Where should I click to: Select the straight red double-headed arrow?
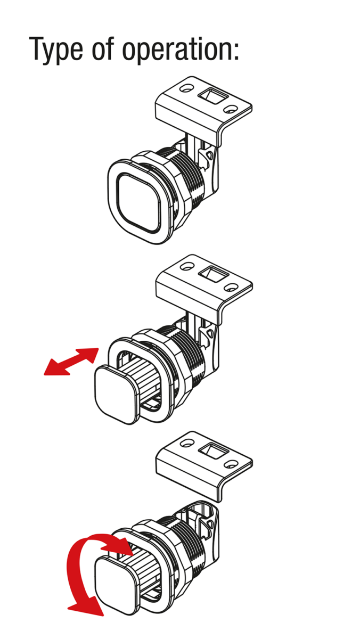[x=71, y=361]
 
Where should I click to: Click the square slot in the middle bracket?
[x=213, y=273]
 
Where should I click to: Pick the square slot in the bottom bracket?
[x=213, y=450]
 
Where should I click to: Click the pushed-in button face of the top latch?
[x=138, y=202]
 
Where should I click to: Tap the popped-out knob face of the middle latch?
[x=116, y=395]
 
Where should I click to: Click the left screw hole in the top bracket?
[x=186, y=87]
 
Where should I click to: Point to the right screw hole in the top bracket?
[x=230, y=109]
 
